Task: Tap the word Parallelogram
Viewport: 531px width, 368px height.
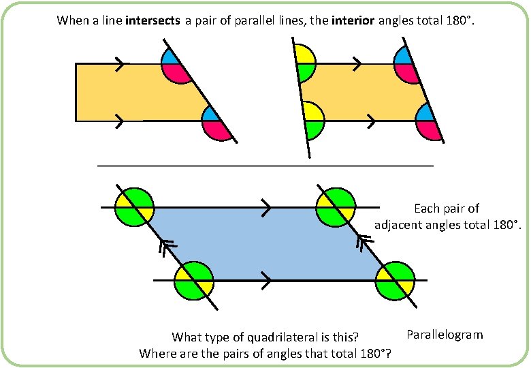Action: (x=445, y=335)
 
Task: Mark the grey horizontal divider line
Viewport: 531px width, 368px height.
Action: (x=265, y=166)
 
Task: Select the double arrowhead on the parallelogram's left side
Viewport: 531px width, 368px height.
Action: (x=166, y=247)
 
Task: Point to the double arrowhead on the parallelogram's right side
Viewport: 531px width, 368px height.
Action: (x=364, y=243)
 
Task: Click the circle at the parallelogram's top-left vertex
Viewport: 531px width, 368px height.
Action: (x=134, y=206)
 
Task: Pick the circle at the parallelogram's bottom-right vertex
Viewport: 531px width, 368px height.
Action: (x=395, y=280)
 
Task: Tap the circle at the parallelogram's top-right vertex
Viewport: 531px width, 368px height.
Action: (x=336, y=206)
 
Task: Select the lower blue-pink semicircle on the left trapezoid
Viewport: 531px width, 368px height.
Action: (x=217, y=123)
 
